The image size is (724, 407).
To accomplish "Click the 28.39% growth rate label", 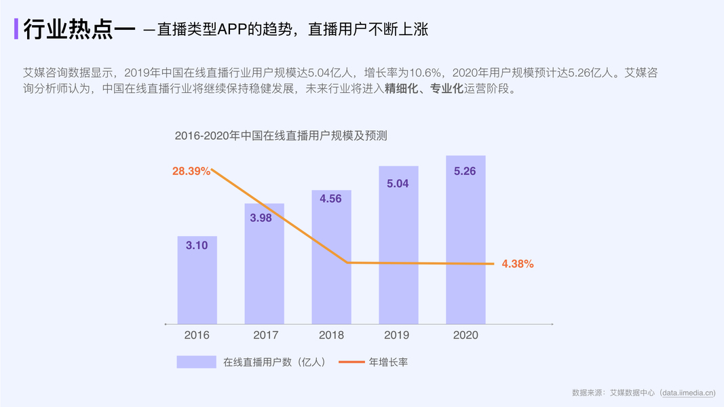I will pyautogui.click(x=191, y=172).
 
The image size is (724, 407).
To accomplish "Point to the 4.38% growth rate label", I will pyautogui.click(x=518, y=265).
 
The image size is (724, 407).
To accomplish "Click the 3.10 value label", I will pyautogui.click(x=197, y=246).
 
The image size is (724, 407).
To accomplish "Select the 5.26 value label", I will pyautogui.click(x=465, y=172).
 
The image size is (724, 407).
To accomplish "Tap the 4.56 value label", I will pyautogui.click(x=331, y=199).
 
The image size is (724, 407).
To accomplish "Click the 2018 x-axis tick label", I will pyautogui.click(x=331, y=335).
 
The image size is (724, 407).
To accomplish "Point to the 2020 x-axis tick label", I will pyautogui.click(x=465, y=335).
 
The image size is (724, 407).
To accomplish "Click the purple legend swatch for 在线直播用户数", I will pyautogui.click(x=196, y=362).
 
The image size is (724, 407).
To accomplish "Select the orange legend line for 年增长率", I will pyautogui.click(x=351, y=362).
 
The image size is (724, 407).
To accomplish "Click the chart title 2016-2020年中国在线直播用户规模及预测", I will pyautogui.click(x=280, y=136).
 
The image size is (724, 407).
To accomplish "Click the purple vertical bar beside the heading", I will pyautogui.click(x=16, y=29).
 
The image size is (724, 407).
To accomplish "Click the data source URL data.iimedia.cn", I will pyautogui.click(x=686, y=392).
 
